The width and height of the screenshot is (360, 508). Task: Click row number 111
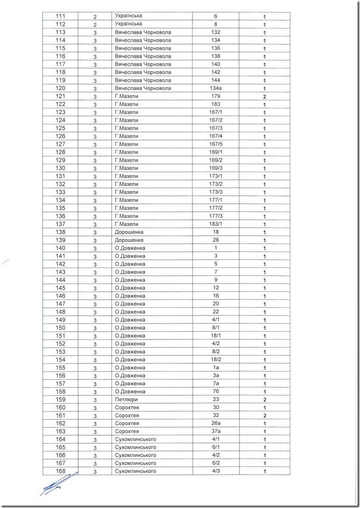[x=60, y=16]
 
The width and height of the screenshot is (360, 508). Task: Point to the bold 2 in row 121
[x=262, y=96]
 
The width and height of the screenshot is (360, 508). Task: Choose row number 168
[x=60, y=471]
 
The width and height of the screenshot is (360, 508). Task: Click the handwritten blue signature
[x=59, y=484]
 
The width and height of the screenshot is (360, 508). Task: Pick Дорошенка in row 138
[x=127, y=232]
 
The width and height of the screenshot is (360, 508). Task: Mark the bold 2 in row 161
[x=262, y=415]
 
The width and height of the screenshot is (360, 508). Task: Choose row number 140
[x=60, y=248]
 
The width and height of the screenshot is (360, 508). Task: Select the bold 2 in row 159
[x=262, y=399]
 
